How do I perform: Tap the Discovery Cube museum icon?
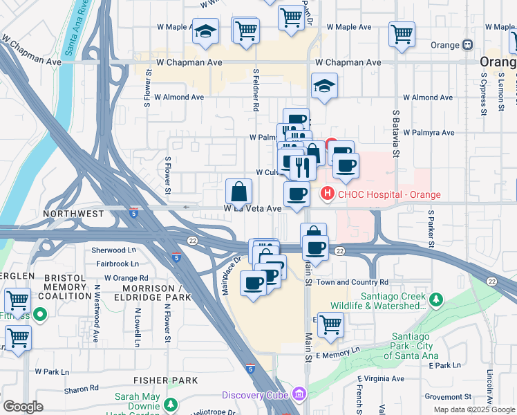tap(299, 395)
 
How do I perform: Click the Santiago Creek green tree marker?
tap(435, 299)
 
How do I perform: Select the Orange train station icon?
tap(468, 45)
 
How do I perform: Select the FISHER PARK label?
tap(166, 380)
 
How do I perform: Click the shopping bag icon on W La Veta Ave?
tap(238, 191)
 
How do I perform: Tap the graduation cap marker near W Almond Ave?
tap(324, 86)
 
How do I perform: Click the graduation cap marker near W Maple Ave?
tap(205, 31)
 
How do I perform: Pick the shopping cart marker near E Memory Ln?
tap(331, 324)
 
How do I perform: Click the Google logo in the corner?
tap(23, 407)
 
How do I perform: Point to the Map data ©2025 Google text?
tap(473, 409)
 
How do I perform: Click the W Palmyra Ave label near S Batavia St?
tap(429, 132)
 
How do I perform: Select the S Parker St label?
tap(430, 229)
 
